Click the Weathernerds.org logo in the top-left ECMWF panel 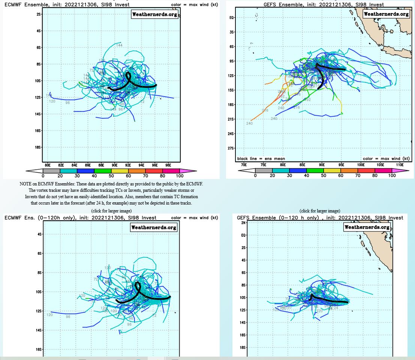pos(154,15)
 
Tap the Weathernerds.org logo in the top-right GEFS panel pos(386,14)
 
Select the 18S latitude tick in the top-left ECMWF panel pos(39,147)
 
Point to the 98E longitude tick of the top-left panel pos(168,165)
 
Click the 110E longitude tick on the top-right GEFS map pos(400,164)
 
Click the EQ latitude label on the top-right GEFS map pos(232,18)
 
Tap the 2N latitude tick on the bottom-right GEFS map pos(243,223)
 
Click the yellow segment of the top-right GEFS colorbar pos(332,170)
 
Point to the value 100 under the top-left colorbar pos(180,176)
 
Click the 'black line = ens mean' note pos(261,158)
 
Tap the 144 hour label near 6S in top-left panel pos(119,45)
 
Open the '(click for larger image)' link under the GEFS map pos(320,211)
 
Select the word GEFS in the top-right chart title pos(272,4)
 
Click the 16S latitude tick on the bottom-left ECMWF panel pos(39,349)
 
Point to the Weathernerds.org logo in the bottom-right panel pos(367,227)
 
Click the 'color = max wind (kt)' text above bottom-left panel pos(194,218)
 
